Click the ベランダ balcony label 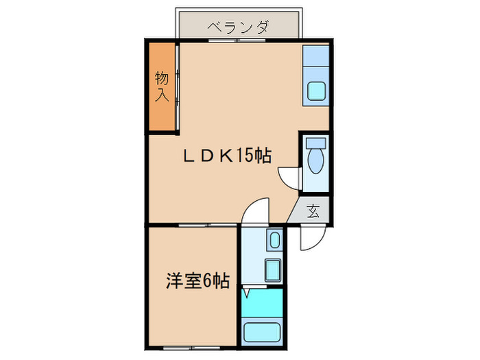click(x=237, y=28)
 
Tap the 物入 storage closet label click(x=161, y=86)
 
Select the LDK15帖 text click(x=226, y=156)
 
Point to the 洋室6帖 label click(x=197, y=280)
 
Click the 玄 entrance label click(x=313, y=211)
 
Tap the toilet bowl click(x=316, y=162)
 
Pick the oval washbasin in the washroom click(x=274, y=241)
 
